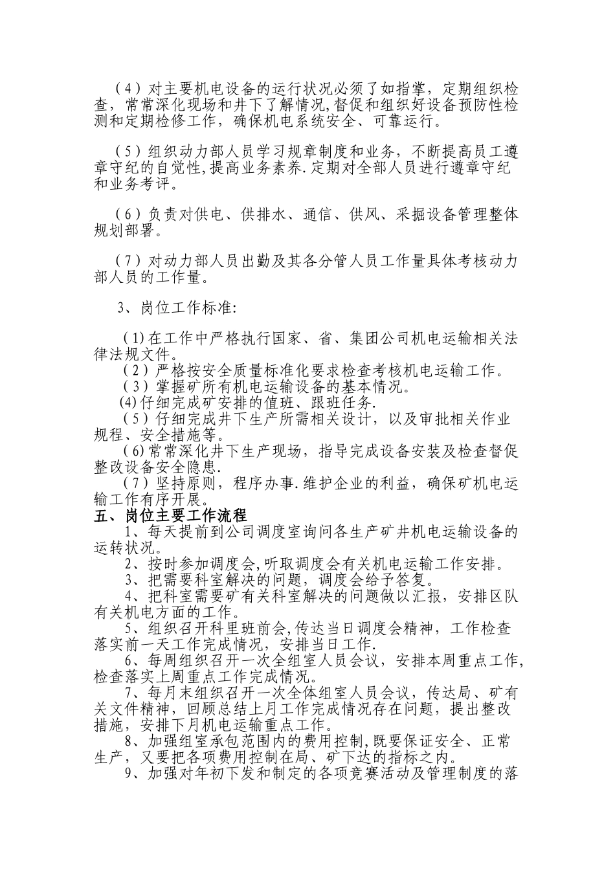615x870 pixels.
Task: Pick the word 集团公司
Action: click(x=362, y=338)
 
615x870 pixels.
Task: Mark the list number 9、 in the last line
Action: click(x=133, y=774)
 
